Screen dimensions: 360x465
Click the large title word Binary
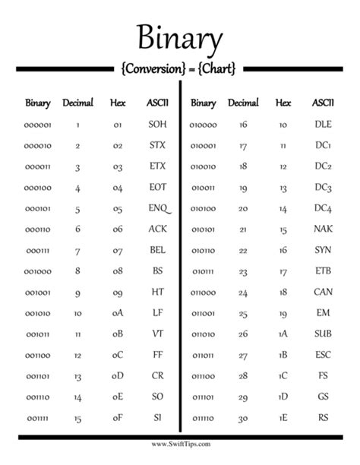tap(180, 38)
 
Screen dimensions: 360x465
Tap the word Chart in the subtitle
tap(218, 68)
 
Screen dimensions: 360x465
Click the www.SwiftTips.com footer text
tap(180, 444)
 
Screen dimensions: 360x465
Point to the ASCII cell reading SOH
tap(157, 124)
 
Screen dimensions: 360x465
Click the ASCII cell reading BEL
tap(157, 249)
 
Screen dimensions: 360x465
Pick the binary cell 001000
tap(38, 270)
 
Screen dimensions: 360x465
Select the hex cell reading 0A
tap(118, 312)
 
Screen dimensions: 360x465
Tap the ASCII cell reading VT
tap(157, 333)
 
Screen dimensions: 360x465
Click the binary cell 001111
tap(38, 417)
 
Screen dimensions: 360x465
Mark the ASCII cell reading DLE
tap(323, 124)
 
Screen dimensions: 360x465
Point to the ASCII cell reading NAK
tap(323, 229)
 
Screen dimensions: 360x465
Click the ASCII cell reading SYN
tap(323, 249)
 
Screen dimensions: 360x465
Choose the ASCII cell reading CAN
tap(323, 292)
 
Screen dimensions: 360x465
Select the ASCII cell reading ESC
tap(323, 354)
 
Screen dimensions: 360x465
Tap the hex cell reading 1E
tap(283, 417)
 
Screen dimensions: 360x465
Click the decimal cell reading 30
tap(243, 417)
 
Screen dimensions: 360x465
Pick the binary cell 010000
tap(203, 124)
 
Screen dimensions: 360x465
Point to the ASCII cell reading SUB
tap(323, 333)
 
